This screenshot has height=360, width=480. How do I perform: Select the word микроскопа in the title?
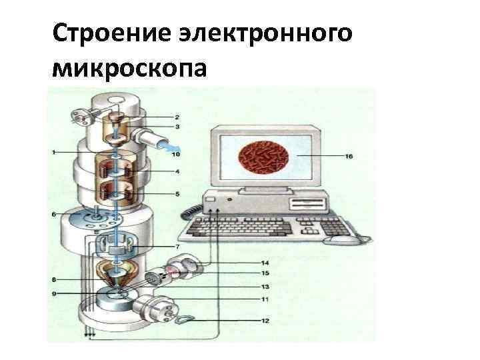(131, 68)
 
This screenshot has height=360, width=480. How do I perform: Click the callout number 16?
(349, 157)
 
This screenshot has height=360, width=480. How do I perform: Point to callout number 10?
(175, 155)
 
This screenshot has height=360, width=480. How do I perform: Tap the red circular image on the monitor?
(265, 157)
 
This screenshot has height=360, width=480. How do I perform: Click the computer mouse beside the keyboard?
(339, 240)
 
